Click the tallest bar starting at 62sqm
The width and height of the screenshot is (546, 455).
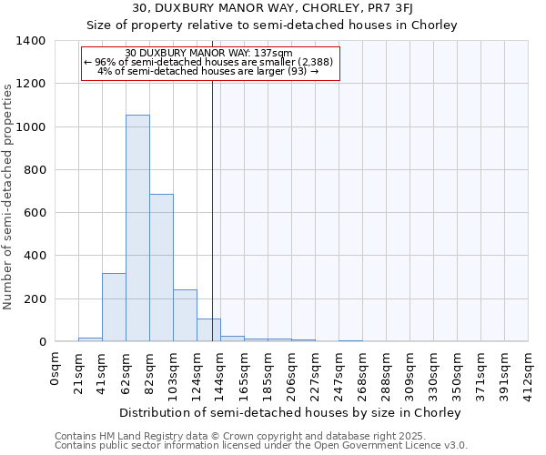(137, 227)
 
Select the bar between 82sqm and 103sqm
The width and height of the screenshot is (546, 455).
(161, 268)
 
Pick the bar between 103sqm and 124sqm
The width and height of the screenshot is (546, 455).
(185, 315)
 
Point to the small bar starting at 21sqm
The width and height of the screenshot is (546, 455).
(90, 339)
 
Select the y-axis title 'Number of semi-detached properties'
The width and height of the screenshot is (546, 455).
(8, 196)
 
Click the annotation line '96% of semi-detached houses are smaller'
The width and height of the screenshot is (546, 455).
(210, 62)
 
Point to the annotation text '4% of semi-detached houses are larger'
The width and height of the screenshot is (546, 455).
(207, 71)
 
